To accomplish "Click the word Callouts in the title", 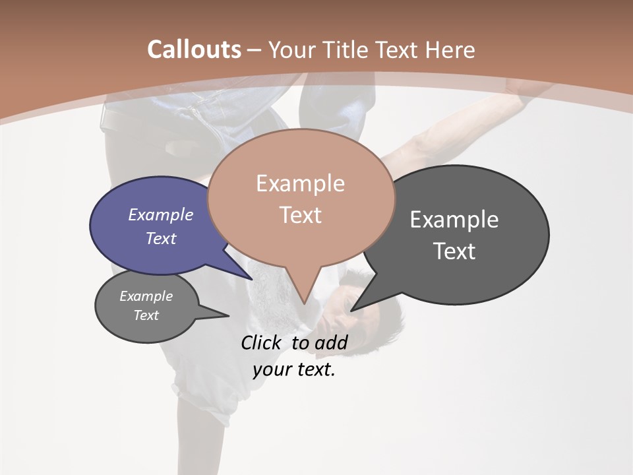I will (194, 49).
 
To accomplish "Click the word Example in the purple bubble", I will (160, 214).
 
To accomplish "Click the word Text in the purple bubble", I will (160, 238).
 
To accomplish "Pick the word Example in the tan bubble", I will (300, 183).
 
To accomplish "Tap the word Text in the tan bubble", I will (300, 215).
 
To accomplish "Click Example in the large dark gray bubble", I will (454, 219).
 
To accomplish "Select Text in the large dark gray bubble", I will (454, 251).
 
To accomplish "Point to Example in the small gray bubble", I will (146, 296).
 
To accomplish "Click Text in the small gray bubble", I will (146, 315).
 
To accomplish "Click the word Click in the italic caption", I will (260, 342).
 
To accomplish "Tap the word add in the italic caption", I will (330, 342).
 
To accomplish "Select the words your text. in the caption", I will (293, 369).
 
